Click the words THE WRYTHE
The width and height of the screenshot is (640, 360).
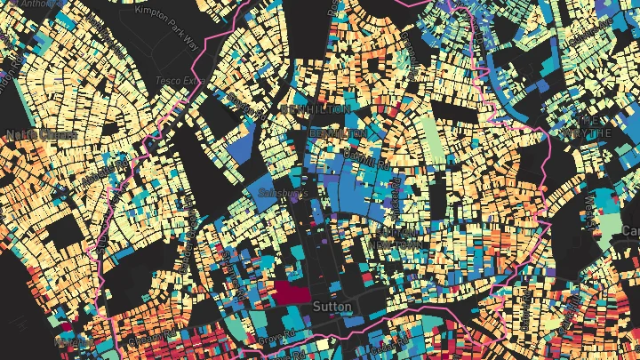coord(587,125)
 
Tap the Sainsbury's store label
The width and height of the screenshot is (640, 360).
coord(278,192)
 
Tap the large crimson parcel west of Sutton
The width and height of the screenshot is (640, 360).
coord(291,292)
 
